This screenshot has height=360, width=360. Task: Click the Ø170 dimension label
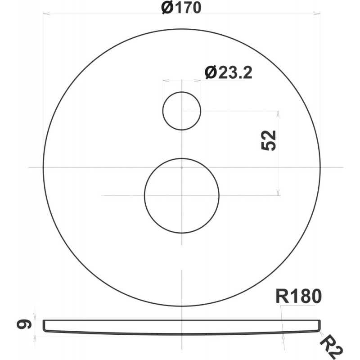(x=181, y=7)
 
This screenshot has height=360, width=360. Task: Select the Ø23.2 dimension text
(x=229, y=73)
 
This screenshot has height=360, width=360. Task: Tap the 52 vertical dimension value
(x=268, y=140)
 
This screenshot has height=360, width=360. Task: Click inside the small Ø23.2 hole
(x=182, y=111)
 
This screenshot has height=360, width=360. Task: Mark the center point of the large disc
(x=182, y=167)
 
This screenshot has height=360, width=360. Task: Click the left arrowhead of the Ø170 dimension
(x=47, y=14)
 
